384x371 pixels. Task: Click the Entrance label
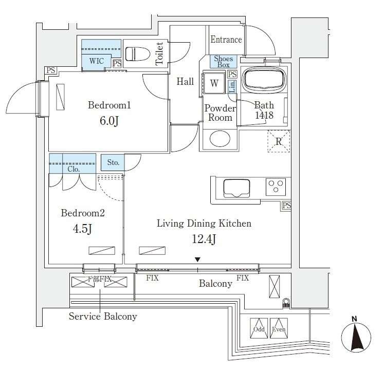tap(225, 40)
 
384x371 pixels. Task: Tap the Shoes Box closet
tap(223, 62)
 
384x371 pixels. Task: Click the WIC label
tap(96, 61)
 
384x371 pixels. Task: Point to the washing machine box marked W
tap(214, 83)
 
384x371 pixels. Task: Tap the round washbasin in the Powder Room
tap(220, 139)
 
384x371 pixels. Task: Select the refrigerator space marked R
tap(279, 141)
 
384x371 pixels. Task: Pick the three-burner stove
tap(276, 186)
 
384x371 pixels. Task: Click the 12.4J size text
tap(204, 239)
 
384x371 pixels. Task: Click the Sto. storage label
tap(113, 163)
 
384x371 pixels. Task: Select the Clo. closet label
tap(72, 169)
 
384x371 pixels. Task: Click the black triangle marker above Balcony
tap(197, 261)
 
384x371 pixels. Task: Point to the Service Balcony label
tap(103, 317)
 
